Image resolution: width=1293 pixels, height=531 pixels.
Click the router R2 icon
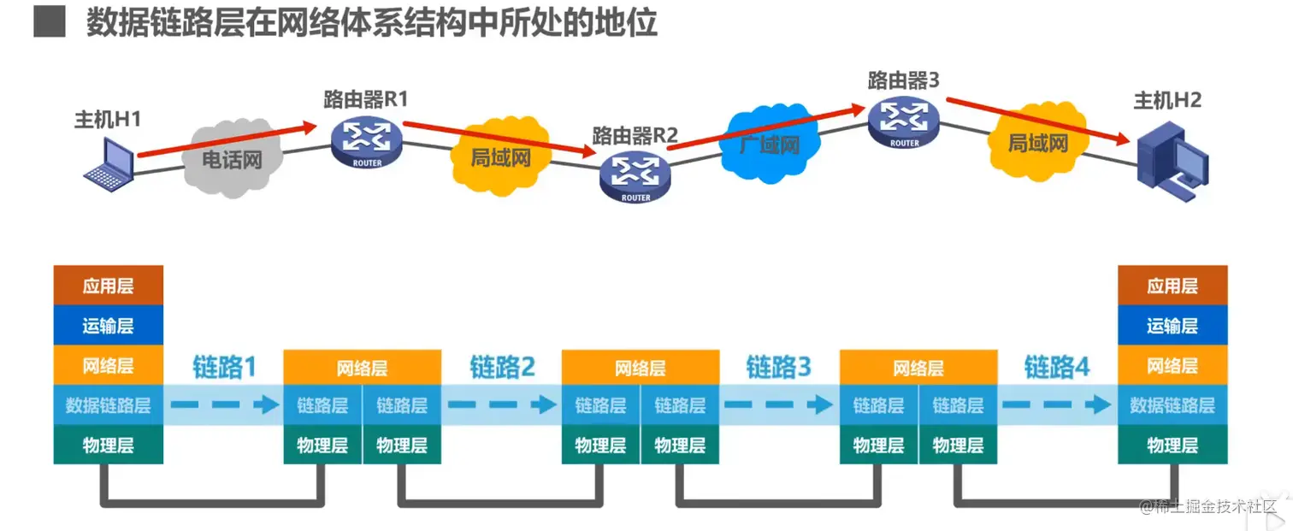pos(635,175)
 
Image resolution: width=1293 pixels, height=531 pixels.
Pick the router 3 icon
pos(904,121)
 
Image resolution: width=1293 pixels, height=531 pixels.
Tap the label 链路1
pos(223,367)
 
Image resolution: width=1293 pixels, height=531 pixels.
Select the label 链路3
pos(778,367)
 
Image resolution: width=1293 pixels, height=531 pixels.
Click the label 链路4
pos(1057,367)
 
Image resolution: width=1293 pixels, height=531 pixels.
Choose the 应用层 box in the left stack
pos(108,286)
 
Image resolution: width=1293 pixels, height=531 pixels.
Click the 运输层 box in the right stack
pos(1172,326)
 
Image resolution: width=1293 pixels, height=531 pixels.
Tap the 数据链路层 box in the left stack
pos(108,405)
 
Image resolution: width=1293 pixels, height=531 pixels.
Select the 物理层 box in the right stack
pos(1172,445)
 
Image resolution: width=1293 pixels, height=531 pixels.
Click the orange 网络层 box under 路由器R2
pos(641,368)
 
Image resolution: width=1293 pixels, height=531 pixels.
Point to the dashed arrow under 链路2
pos(501,405)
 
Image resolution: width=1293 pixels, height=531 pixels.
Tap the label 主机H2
pos(1167,100)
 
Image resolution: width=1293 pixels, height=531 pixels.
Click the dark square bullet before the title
pos(49,21)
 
